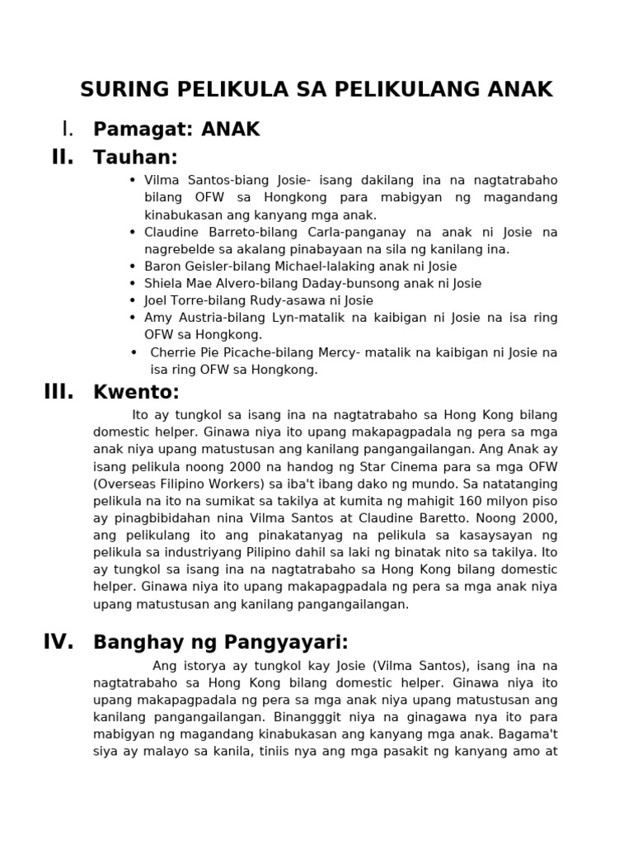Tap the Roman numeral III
pos(59,392)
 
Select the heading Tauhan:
pos(136,158)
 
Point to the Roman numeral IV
pos(59,641)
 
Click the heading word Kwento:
pos(136,393)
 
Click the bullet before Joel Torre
pos(133,300)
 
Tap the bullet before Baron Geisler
pos(133,266)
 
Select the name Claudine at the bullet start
pos(170,231)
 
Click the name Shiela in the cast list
pos(162,283)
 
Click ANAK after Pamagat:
pos(231,130)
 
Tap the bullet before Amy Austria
pos(133,317)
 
